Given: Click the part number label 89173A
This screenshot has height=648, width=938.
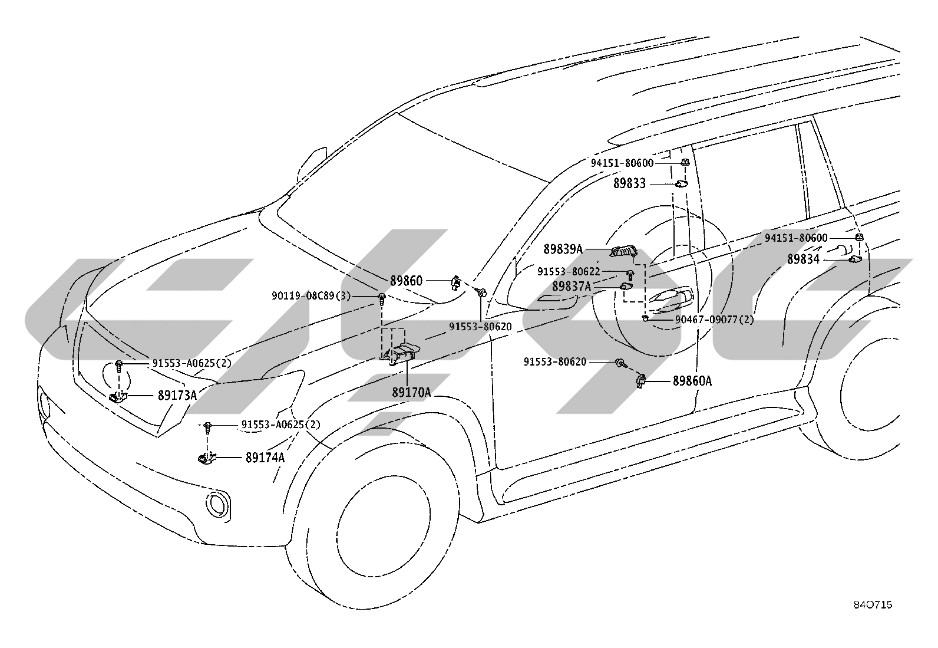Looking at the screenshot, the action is tap(177, 395).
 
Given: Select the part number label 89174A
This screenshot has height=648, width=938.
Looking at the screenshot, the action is tap(265, 458).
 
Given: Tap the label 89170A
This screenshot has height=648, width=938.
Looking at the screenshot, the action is tap(411, 392).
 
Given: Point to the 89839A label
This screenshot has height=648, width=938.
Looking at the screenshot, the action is tap(563, 249).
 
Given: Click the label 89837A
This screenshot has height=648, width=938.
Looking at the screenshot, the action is tap(571, 287).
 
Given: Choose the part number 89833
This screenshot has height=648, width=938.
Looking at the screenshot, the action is tap(629, 183).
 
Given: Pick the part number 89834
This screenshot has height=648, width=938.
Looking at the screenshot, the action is tap(803, 259).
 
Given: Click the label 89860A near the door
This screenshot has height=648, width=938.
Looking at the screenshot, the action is tap(692, 381).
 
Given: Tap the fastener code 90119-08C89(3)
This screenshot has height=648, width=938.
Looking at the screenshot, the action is tap(311, 296).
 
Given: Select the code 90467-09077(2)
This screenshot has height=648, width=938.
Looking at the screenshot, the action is tap(714, 320).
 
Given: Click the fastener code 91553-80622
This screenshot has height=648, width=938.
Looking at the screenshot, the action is tap(569, 272).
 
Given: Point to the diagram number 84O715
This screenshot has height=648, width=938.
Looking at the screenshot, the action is tap(873, 605).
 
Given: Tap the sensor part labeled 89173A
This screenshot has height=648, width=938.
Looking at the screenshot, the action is tap(118, 396).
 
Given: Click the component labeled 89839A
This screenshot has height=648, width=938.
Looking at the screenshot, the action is tap(623, 252).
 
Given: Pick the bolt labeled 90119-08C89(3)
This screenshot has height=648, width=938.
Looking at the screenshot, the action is tap(382, 299).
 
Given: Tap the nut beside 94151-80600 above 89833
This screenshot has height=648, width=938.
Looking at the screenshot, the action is tap(685, 162).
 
